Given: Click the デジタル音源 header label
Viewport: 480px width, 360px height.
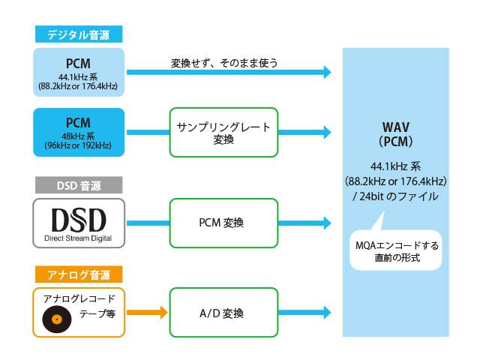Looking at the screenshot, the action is (79, 34).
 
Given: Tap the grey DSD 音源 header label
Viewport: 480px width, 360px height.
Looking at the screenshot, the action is (79, 185).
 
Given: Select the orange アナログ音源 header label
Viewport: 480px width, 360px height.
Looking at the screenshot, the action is (79, 274).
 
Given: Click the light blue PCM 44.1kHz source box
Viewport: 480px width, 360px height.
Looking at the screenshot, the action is (79, 72).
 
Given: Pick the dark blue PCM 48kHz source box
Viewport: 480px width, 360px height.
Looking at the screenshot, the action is (79, 132).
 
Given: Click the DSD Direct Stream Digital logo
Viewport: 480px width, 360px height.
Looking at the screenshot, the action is (79, 223).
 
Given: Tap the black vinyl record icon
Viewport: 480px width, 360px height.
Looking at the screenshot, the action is (57, 319).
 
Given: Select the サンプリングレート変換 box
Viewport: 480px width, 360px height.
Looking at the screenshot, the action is (223, 132).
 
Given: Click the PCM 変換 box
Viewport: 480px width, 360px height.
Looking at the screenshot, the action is (223, 223).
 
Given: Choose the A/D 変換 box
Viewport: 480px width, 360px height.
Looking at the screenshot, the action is (223, 313).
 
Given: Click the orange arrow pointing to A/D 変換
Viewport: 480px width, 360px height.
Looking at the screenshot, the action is (147, 313).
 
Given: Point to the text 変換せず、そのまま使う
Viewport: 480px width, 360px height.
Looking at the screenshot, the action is (224, 63).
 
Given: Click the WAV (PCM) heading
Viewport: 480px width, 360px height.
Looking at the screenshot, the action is (396, 134).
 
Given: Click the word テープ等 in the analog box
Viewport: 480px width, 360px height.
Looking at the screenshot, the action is (97, 313).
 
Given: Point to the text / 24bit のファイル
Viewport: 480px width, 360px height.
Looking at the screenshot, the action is (395, 196).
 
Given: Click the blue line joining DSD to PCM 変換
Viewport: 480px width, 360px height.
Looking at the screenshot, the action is (148, 223).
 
